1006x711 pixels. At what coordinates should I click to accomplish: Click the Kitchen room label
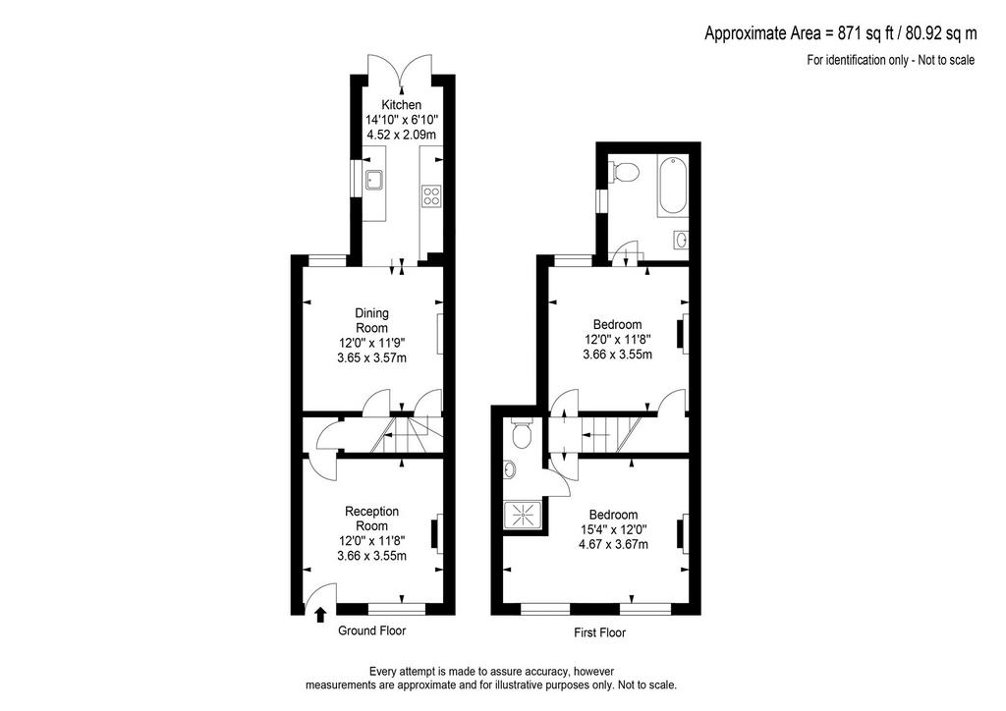[402, 104]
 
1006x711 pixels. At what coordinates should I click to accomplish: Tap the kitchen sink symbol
[373, 180]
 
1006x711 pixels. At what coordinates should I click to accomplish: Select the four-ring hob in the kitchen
[431, 195]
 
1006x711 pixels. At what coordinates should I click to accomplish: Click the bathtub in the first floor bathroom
[672, 187]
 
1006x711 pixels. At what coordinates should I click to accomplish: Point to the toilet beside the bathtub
[623, 171]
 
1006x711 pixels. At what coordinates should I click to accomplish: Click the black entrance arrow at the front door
[320, 615]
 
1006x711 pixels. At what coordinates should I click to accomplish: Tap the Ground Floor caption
[372, 630]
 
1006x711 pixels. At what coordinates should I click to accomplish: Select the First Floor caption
[599, 632]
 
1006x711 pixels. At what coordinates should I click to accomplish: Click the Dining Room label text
[372, 320]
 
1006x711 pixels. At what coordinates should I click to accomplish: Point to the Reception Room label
[372, 519]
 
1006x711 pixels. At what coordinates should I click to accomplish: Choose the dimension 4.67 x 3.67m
[613, 545]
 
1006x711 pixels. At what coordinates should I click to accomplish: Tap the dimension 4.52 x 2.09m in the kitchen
[402, 135]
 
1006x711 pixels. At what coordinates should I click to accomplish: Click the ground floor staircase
[403, 436]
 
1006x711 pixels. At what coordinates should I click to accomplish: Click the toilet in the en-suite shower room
[523, 433]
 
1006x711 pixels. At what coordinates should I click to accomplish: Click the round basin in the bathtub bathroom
[682, 240]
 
